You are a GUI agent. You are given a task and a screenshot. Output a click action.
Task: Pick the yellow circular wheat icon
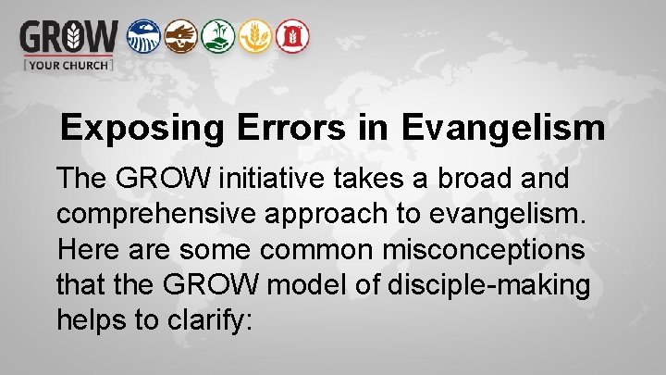tap(254, 36)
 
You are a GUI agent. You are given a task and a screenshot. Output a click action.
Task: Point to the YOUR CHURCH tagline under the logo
tap(68, 65)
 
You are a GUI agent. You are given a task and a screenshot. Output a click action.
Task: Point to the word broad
tap(462, 178)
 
